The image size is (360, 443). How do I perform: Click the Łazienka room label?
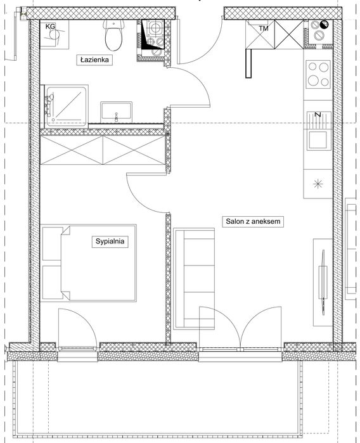94,60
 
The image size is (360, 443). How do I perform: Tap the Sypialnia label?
110,241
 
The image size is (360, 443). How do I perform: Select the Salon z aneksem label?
253,222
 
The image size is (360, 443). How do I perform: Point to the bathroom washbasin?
116,112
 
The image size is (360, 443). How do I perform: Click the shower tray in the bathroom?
67,106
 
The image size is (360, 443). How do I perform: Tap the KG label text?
50,27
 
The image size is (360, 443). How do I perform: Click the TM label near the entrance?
264,29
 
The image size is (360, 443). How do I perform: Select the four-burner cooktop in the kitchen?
318,74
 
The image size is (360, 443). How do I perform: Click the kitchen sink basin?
319,140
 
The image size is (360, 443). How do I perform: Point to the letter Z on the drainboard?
318,115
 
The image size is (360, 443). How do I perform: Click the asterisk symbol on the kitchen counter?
318,184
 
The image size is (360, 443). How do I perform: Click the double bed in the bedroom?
99,263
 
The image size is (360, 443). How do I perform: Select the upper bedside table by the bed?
53,243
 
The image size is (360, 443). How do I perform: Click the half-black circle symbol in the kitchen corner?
325,25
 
